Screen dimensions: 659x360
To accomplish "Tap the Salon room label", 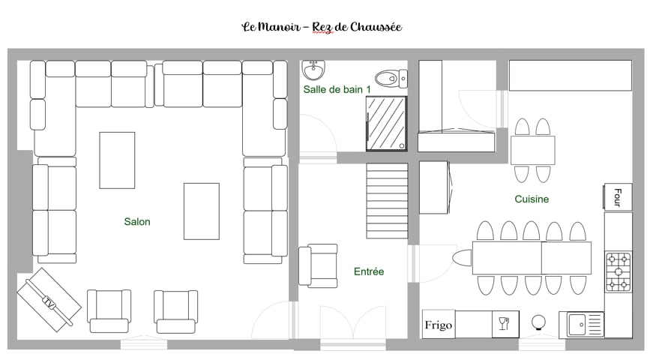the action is (x=137, y=222).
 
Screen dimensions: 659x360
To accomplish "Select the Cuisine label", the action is (x=532, y=199).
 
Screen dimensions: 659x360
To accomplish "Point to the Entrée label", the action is (x=369, y=271).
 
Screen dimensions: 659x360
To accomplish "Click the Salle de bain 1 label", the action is (x=337, y=89).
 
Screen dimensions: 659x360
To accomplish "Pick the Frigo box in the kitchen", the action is (x=439, y=325).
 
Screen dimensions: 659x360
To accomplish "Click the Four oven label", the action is (x=618, y=196).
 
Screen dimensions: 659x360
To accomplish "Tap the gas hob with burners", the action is (x=619, y=271).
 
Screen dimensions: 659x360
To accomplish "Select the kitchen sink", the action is (x=581, y=325).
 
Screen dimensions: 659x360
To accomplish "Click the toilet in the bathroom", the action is (x=391, y=78).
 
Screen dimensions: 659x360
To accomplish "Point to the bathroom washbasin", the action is (x=313, y=70).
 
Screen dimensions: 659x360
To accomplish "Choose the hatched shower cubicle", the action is (x=386, y=123).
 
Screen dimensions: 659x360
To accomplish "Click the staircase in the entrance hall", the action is (x=387, y=201).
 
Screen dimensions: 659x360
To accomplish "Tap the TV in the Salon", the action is (x=49, y=300).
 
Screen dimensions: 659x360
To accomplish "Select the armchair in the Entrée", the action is (x=318, y=265).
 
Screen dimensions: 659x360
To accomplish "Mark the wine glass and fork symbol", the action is (x=504, y=324).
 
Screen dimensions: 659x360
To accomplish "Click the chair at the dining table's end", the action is (x=463, y=258).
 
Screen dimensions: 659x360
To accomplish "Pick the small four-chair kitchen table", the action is (x=532, y=150).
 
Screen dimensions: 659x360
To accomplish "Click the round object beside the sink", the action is (x=538, y=323).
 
